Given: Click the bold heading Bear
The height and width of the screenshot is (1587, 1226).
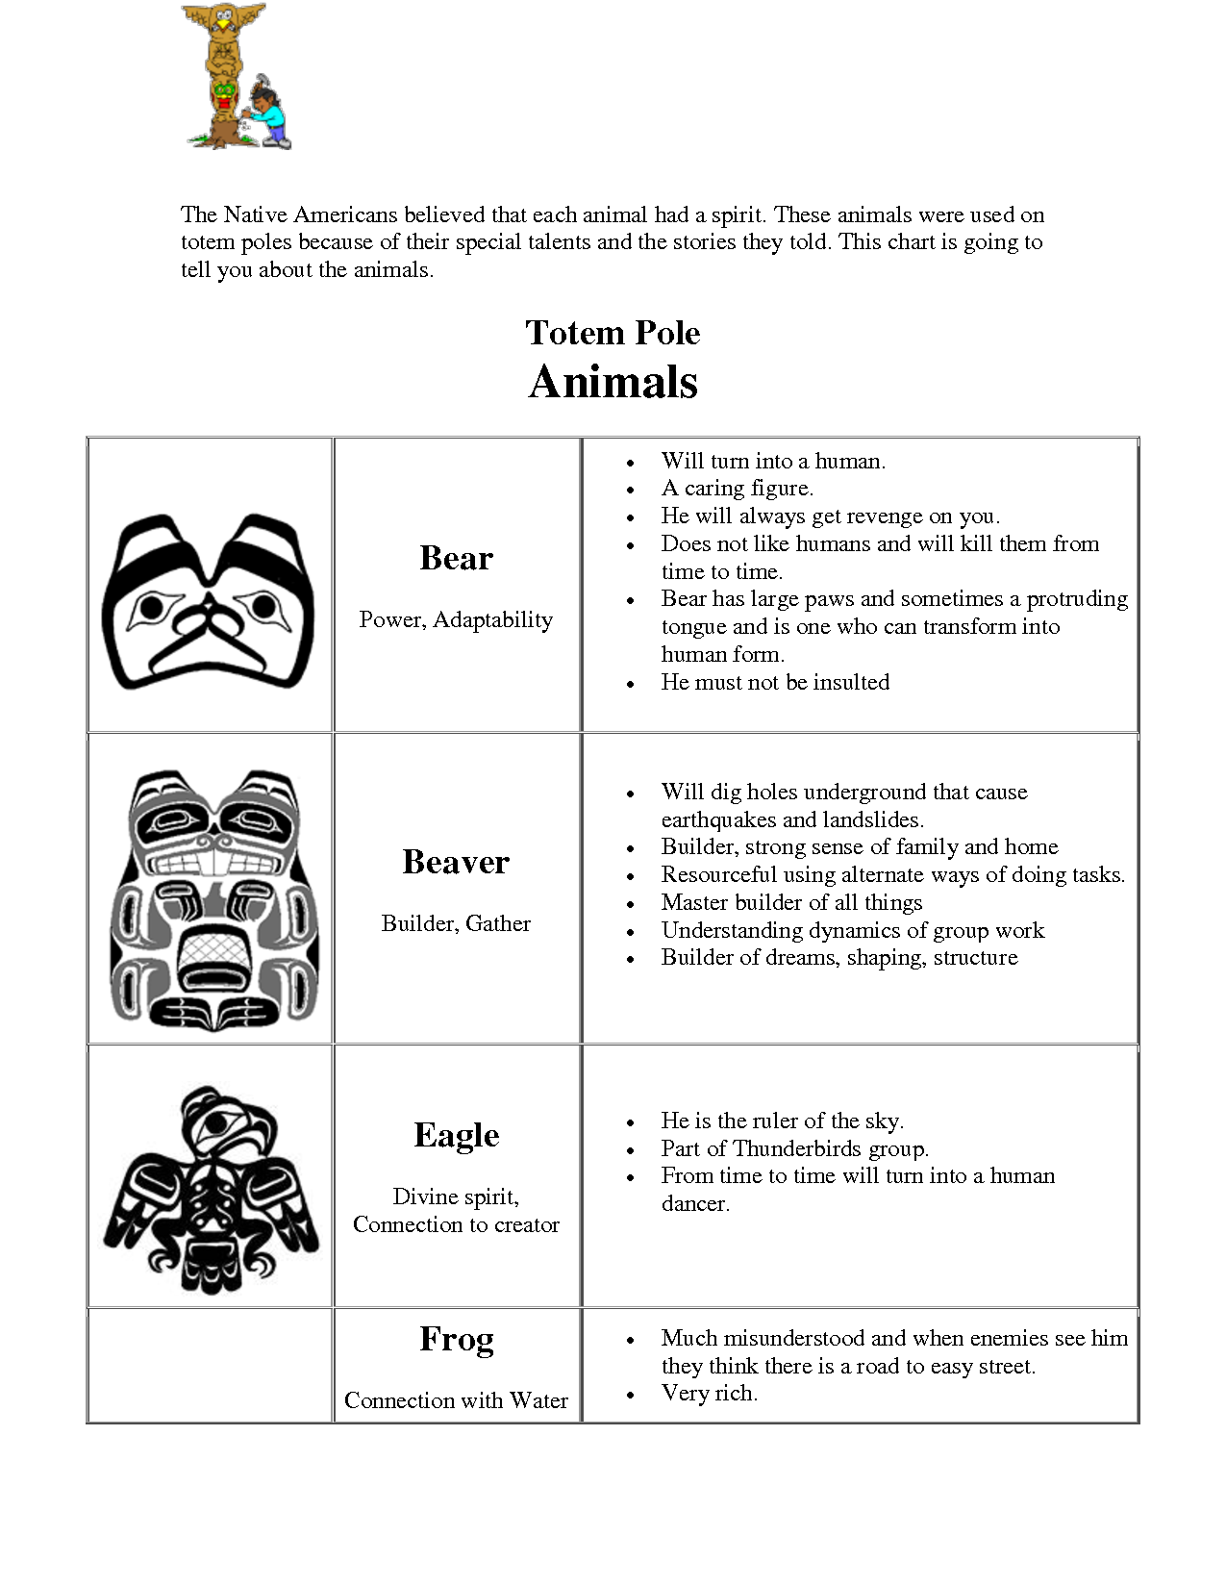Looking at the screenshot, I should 456,558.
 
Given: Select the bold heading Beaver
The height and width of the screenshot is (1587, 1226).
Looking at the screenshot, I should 456,862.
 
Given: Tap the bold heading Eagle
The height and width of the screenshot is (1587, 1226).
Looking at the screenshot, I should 456,1135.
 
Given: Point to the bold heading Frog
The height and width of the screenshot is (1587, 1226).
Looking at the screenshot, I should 456,1339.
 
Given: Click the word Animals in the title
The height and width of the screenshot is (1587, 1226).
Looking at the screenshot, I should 613,382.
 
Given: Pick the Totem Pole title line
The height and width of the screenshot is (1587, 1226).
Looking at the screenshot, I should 613,333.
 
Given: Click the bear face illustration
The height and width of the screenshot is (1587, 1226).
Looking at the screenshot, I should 209,603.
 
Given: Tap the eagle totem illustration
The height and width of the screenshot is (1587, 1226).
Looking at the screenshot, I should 212,1190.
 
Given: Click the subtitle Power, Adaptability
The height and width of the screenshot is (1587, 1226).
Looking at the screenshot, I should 456,619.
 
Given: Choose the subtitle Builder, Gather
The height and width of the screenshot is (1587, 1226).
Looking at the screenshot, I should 456,923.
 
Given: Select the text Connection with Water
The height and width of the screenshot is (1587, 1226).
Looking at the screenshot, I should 456,1400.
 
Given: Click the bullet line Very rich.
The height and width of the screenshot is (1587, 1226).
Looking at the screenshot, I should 709,1393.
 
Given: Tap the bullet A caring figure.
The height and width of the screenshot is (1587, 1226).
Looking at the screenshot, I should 737,489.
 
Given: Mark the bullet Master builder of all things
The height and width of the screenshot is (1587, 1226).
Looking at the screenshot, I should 791,902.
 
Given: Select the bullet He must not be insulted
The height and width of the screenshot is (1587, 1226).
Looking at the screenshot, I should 775,682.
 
